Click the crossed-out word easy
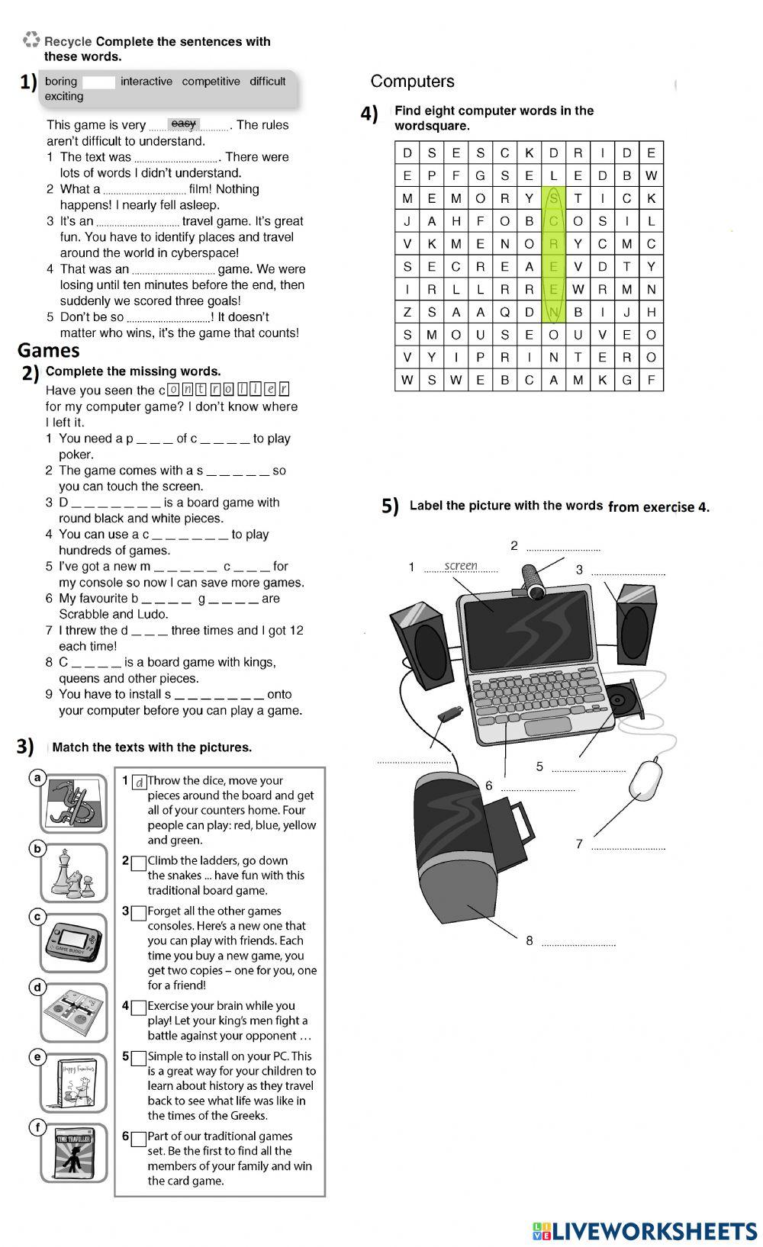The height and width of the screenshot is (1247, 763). [184, 124]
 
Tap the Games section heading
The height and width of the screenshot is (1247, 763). [49, 350]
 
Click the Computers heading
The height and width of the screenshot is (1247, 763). [412, 81]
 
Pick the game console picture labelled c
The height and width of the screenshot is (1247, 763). [73, 942]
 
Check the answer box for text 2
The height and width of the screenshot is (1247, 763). [138, 863]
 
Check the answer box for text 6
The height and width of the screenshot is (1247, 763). [138, 1139]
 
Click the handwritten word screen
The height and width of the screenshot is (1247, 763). [461, 565]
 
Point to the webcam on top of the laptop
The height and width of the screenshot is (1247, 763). [533, 580]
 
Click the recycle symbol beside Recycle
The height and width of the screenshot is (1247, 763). [31, 40]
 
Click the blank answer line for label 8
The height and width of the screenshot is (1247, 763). [578, 944]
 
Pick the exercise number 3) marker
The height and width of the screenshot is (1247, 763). [25, 747]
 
